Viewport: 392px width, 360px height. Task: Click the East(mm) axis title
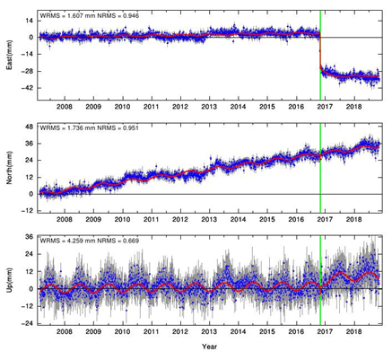coord(9,55)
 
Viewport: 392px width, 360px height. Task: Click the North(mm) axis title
coord(9,168)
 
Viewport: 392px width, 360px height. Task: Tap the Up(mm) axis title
coord(9,280)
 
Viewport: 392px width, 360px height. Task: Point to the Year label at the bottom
coord(209,347)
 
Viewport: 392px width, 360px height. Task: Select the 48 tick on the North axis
coord(30,127)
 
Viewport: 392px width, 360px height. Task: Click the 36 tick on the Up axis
coord(30,237)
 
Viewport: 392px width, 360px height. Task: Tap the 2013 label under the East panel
coord(209,107)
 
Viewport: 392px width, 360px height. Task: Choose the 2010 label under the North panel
coord(123,219)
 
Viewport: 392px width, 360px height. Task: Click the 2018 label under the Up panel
coord(354,332)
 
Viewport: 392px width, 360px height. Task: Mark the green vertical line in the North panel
coord(320,168)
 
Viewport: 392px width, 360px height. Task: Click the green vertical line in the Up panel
coord(320,280)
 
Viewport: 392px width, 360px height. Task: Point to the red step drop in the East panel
coord(320,51)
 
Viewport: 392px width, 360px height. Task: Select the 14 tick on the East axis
coord(30,21)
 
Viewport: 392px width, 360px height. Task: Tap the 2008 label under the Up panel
coord(65,332)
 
